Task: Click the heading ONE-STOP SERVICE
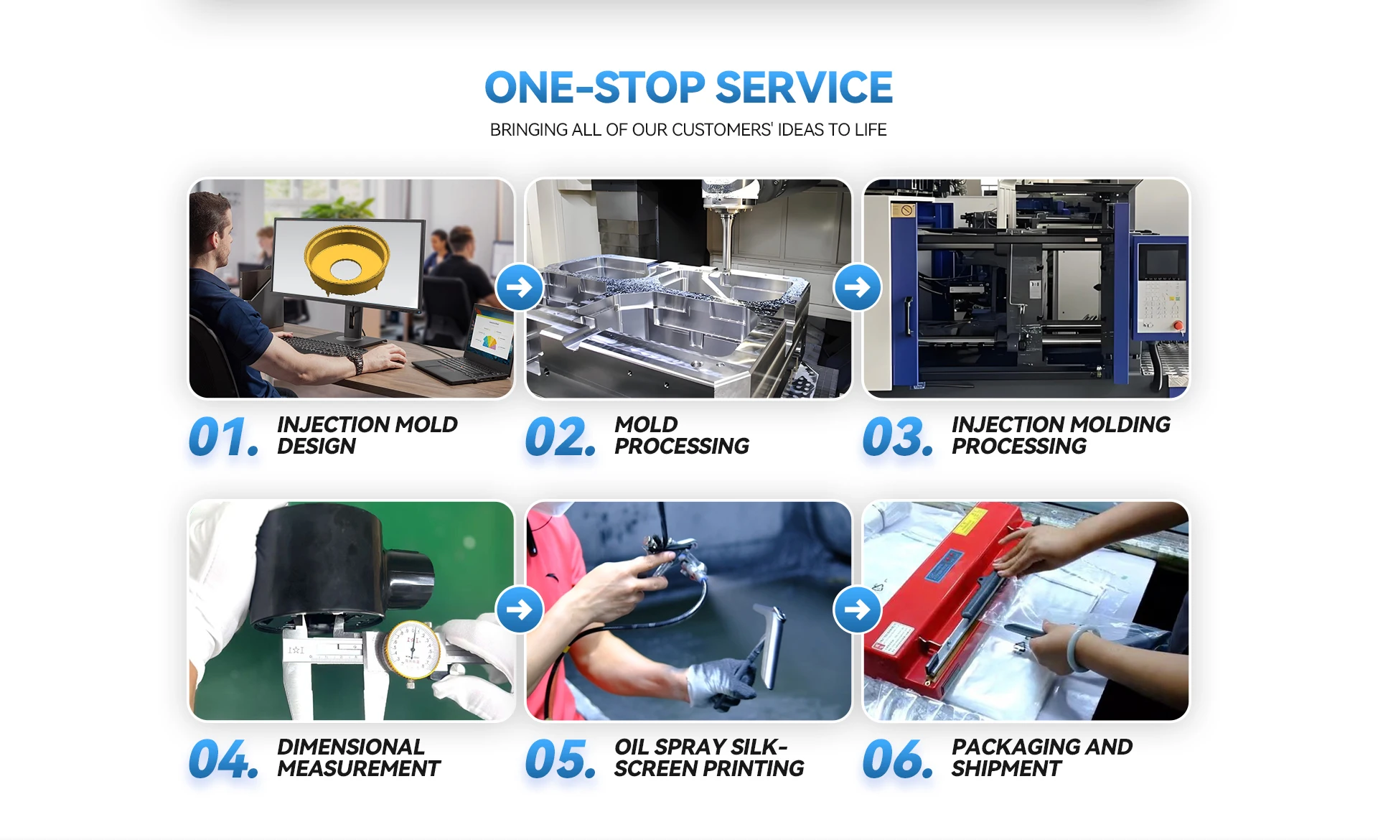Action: point(688,88)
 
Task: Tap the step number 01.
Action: point(223,437)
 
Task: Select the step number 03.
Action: point(898,437)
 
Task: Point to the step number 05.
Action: point(561,760)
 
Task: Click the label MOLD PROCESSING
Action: point(681,435)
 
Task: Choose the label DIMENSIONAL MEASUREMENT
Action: point(358,757)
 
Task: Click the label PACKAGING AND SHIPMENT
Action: point(1042,757)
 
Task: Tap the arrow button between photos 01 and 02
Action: point(520,287)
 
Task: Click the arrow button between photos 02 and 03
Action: point(857,287)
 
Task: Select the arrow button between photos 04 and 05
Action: point(520,610)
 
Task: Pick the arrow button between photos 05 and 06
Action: point(857,610)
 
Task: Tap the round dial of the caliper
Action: point(412,650)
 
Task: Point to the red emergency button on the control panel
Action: point(1178,325)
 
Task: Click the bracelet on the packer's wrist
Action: point(1082,649)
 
